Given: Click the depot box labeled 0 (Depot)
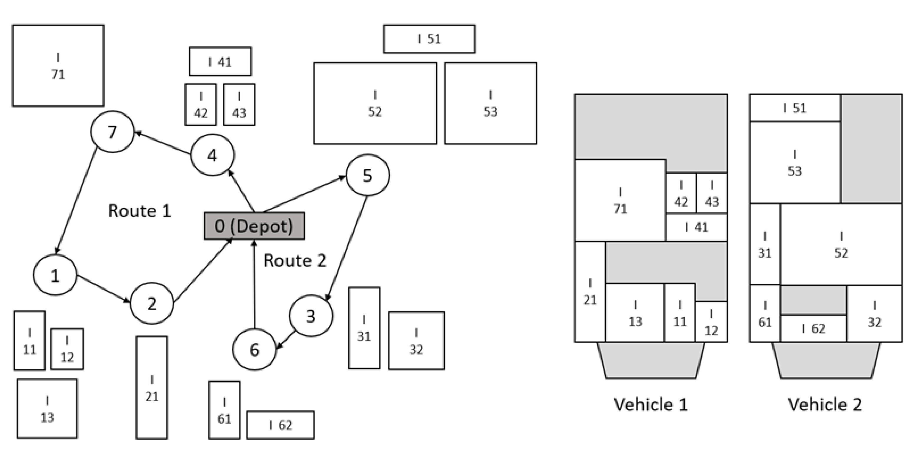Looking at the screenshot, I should tap(254, 226).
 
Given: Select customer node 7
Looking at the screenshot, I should tap(112, 132).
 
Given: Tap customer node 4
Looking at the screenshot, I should tap(213, 155).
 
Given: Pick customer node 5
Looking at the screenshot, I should tap(367, 175).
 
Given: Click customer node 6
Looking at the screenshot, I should tap(254, 349).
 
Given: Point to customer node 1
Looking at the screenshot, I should tap(55, 275).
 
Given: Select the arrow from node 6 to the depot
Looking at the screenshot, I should tap(254, 285).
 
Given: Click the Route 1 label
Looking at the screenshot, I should tap(140, 211).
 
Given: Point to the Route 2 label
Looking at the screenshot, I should tap(295, 261).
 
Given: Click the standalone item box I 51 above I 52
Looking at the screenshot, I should tap(429, 39).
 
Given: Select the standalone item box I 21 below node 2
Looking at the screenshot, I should tap(152, 387).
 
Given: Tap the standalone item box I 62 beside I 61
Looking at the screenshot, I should tap(281, 425).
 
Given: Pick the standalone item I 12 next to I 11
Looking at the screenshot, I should tap(67, 349).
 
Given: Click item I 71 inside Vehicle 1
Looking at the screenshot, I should tap(620, 200).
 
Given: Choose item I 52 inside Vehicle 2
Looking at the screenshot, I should tap(841, 245).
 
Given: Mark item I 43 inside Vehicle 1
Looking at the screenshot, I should tap(712, 193).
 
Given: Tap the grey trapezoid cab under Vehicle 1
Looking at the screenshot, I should tap(651, 360).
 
